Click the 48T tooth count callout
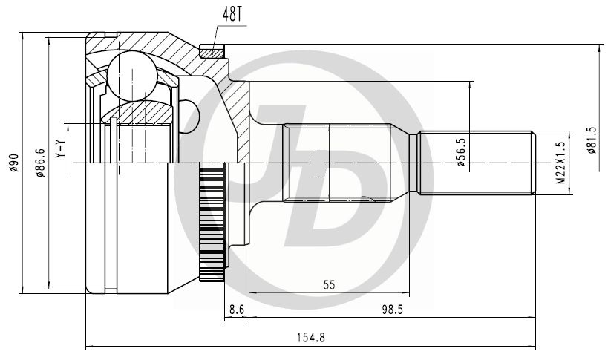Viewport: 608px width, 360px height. [232, 14]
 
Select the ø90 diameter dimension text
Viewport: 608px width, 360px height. [13, 163]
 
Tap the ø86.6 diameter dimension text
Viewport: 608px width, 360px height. [40, 163]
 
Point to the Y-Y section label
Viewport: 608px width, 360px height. [60, 148]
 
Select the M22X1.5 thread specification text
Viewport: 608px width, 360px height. [560, 163]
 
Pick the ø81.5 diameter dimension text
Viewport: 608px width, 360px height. [592, 140]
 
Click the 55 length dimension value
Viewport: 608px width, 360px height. [329, 285]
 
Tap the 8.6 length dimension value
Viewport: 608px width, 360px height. [237, 310]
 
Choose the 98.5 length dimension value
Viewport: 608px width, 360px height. [393, 310]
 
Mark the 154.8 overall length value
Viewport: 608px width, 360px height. [311, 338]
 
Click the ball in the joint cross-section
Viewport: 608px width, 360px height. [132, 75]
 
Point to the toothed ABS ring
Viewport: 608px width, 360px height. [212, 221]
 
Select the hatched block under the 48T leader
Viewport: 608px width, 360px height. [212, 51]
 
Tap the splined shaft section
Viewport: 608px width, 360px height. [337, 163]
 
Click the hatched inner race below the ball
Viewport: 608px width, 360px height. [137, 112]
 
